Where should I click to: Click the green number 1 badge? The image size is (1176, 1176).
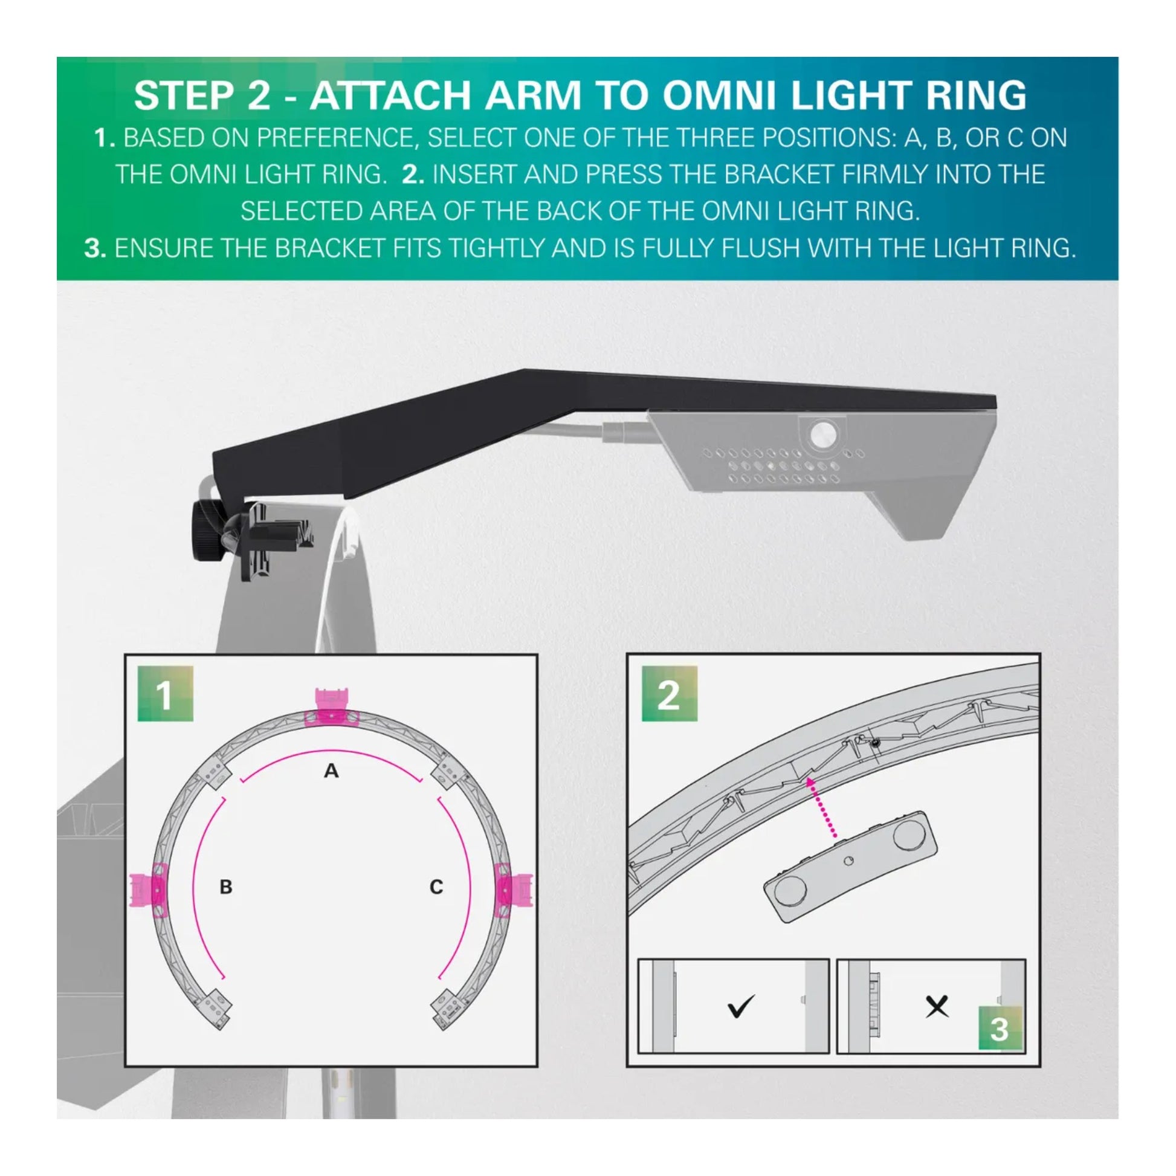click(x=165, y=694)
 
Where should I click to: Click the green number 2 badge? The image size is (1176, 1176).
click(x=669, y=694)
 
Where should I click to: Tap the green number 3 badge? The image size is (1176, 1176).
click(x=999, y=1029)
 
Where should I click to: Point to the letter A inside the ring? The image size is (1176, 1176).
click(x=331, y=771)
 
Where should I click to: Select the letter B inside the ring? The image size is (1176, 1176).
click(x=226, y=887)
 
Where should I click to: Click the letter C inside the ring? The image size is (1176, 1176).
click(x=436, y=887)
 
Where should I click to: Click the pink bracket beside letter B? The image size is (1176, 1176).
click(x=146, y=891)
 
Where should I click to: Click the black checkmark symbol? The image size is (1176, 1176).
click(x=741, y=1006)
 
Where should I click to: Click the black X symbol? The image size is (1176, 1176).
click(x=937, y=1006)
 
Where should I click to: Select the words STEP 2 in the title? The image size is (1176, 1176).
click(x=202, y=95)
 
